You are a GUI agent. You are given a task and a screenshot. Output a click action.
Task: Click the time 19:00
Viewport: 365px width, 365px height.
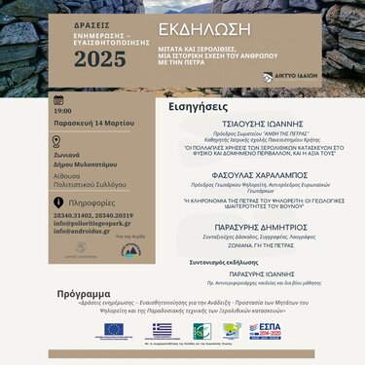(x=63, y=111)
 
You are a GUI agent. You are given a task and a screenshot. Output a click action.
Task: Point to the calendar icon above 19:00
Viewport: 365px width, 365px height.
(x=58, y=99)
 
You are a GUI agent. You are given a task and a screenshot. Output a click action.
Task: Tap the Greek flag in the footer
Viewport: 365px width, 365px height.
(x=161, y=331)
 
